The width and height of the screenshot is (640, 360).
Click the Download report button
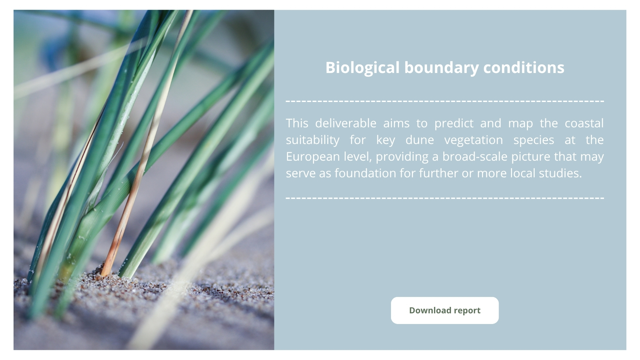pyautogui.click(x=445, y=310)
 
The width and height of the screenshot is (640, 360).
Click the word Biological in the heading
pyautogui.click(x=362, y=68)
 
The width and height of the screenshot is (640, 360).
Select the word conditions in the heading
pyautogui.click(x=524, y=67)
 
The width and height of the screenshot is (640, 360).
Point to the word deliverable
pyautogui.click(x=346, y=123)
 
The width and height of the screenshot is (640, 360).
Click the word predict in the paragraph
pyautogui.click(x=454, y=124)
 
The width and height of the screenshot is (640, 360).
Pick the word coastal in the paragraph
pyautogui.click(x=584, y=123)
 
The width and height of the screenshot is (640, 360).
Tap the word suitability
pyautogui.click(x=312, y=140)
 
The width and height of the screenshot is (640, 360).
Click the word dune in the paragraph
pyautogui.click(x=419, y=140)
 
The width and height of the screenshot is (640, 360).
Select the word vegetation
pyautogui.click(x=473, y=140)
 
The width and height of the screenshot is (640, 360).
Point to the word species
pyautogui.click(x=534, y=140)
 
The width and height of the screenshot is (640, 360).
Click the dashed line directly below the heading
pyautogui.click(x=445, y=101)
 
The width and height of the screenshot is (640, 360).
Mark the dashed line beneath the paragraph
pyautogui.click(x=445, y=198)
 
